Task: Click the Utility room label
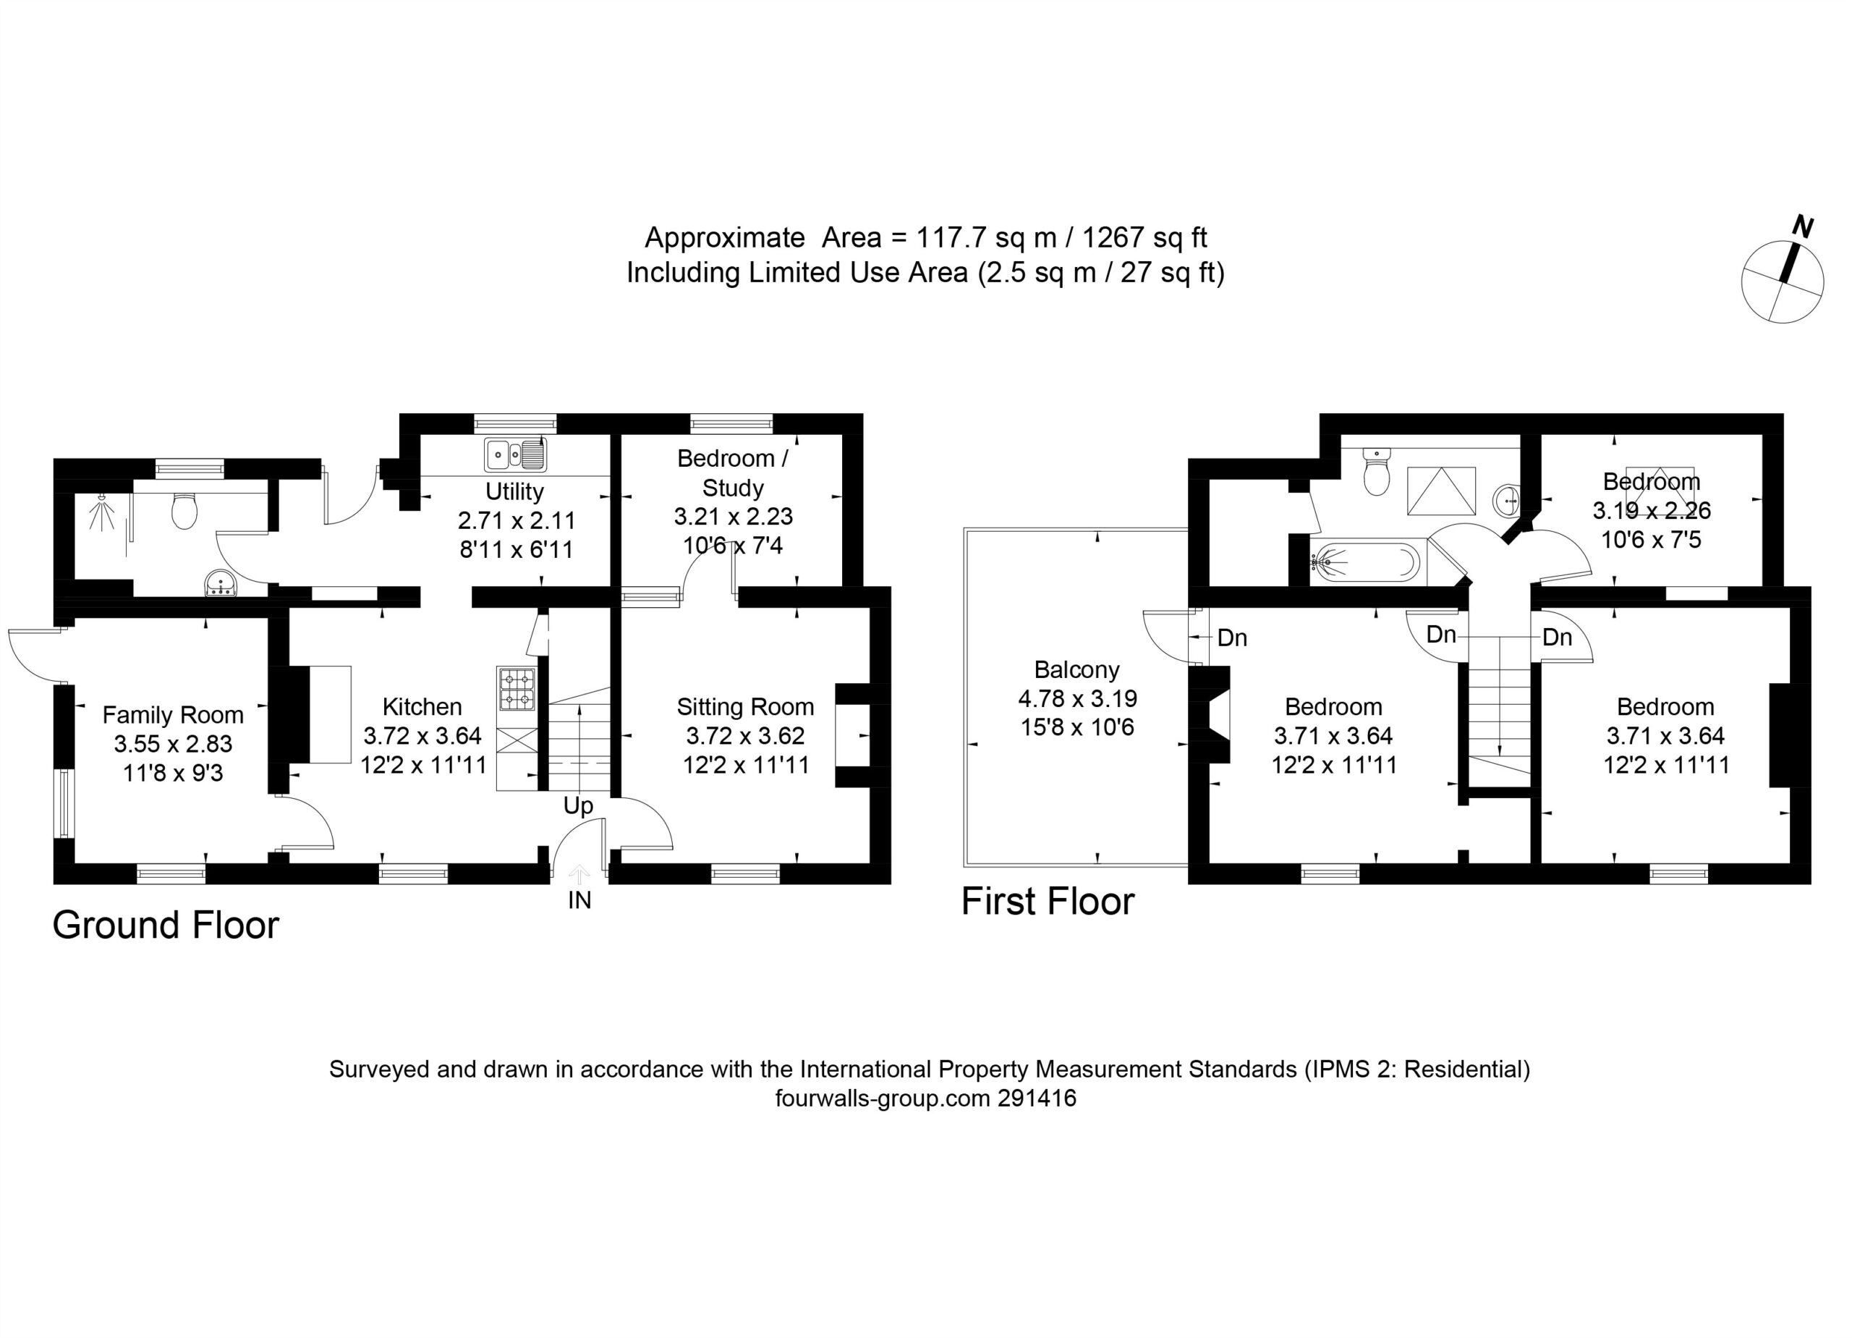pos(514,492)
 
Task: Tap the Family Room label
pos(173,715)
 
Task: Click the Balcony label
pos(1077,670)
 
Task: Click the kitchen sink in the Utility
pos(515,455)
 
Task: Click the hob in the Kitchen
pos(517,689)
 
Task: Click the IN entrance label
pos(579,900)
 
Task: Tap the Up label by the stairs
pos(578,806)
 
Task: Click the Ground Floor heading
pos(166,926)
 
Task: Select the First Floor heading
pos(1048,902)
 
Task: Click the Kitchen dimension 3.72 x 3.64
pos(422,736)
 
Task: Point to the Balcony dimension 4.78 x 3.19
pos(1077,698)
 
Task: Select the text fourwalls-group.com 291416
pos(926,1098)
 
